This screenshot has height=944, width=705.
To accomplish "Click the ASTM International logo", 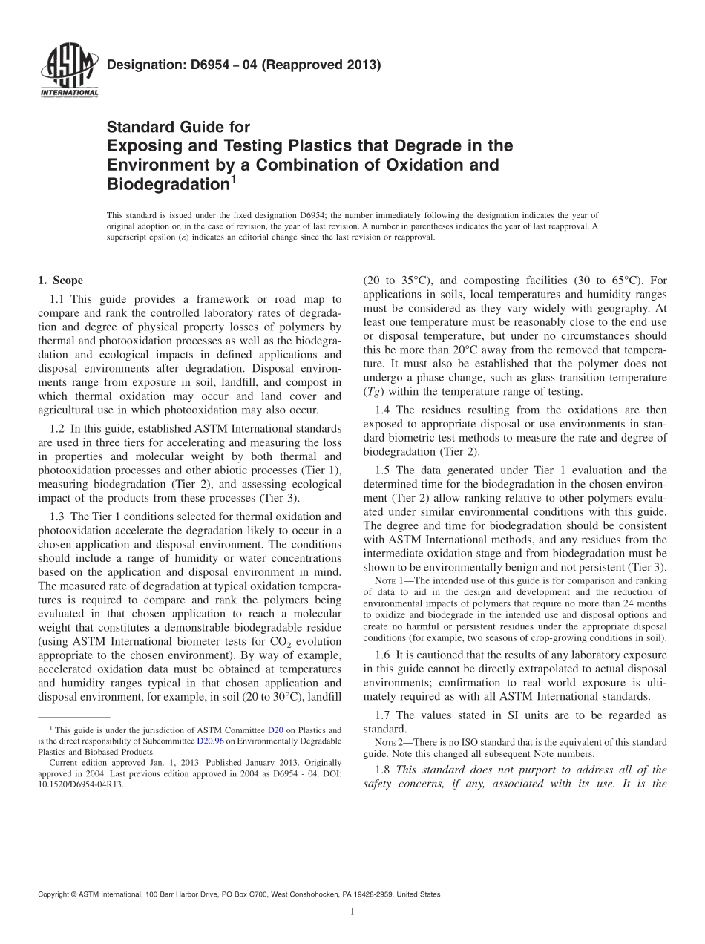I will [x=68, y=72].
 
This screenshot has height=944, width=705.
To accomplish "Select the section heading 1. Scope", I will [x=60, y=281].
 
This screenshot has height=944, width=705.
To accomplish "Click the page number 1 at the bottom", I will [x=352, y=912].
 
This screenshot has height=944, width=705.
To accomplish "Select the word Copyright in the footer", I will [x=55, y=894].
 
